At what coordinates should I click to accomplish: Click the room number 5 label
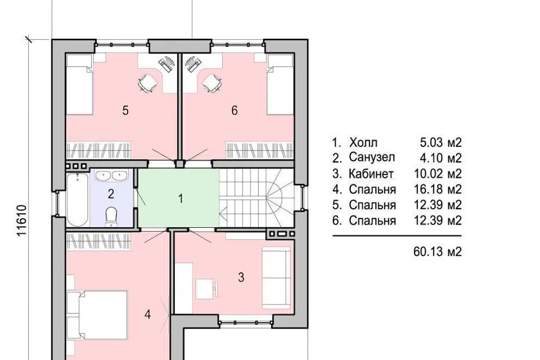point(125,111)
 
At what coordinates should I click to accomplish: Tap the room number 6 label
point(235,111)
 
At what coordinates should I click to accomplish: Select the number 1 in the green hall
point(181,199)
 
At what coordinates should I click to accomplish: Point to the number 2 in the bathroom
point(111,194)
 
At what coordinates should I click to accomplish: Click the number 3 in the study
point(241,277)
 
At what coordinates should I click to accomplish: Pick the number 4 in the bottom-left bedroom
point(147,314)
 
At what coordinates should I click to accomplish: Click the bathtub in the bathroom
point(77,200)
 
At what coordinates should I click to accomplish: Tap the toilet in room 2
point(111,217)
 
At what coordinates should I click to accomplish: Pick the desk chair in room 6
point(211,83)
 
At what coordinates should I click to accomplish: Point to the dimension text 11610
point(21,221)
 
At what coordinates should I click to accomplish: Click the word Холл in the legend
point(363,142)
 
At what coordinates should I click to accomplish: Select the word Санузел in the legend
point(372,157)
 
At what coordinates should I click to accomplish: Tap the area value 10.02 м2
point(438,174)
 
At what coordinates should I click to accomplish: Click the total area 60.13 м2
point(438,252)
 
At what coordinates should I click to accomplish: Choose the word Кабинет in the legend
point(371,174)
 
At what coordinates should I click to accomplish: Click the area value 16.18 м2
point(438,189)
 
